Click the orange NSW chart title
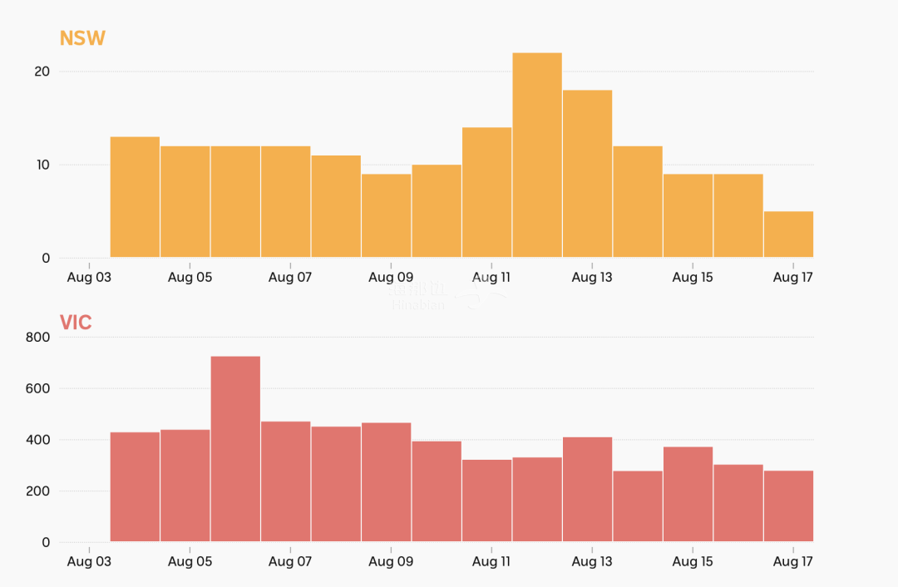tap(82, 38)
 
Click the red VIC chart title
tap(76, 323)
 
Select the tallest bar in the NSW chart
tap(537, 155)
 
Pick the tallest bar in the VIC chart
tap(235, 449)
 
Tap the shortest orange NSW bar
tap(788, 234)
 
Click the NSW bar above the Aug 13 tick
tap(587, 174)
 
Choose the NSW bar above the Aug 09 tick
tap(386, 215)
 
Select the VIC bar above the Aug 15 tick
tap(688, 494)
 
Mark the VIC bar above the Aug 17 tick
tap(788, 506)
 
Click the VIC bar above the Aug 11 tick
tap(486, 501)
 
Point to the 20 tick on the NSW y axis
tap(42, 72)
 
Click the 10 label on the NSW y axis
tap(42, 165)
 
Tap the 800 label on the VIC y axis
tap(38, 337)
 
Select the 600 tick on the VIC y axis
tap(38, 388)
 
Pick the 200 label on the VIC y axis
tap(38, 491)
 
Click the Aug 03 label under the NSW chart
tap(89, 277)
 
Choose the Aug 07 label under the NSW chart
tap(290, 277)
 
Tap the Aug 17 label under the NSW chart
tap(792, 277)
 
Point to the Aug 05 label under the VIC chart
tap(190, 562)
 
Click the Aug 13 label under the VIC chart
tap(592, 562)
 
